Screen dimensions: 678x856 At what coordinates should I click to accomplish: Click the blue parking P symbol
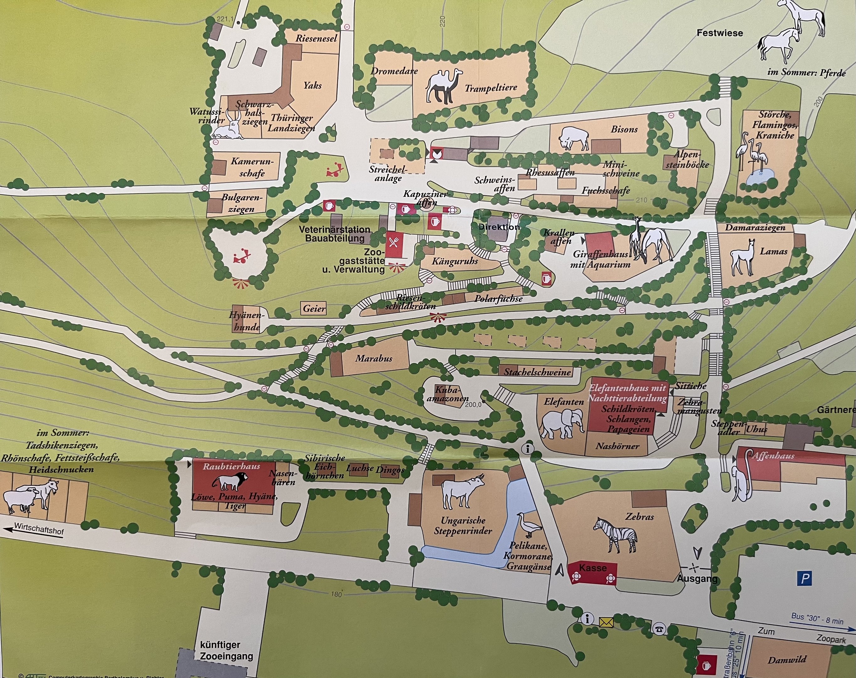[x=805, y=578]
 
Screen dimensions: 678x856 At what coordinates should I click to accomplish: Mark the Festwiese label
[x=720, y=33]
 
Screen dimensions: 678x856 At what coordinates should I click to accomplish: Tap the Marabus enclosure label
[x=373, y=358]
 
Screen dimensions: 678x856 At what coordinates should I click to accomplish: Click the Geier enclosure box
[x=314, y=309]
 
